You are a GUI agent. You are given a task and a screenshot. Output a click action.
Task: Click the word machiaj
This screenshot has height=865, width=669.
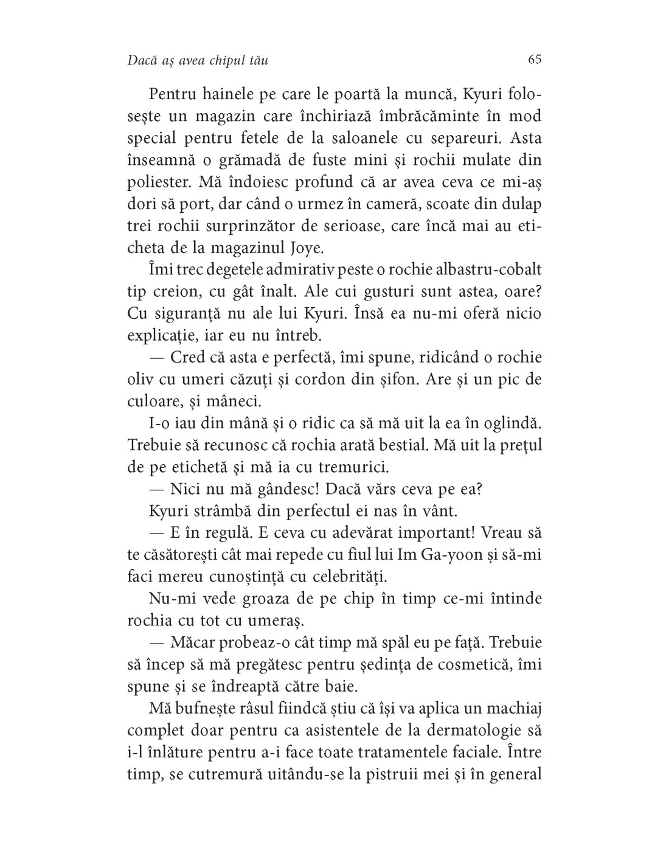coord(513,707)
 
